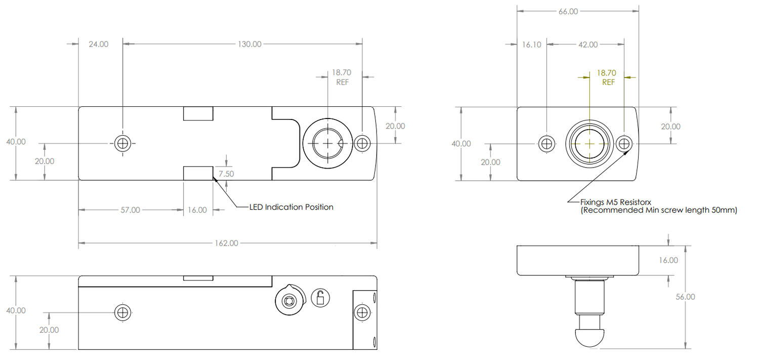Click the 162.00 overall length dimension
[226, 243]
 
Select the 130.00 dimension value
[249, 44]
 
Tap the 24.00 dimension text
[98, 44]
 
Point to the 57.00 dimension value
[130, 210]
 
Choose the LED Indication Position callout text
[291, 207]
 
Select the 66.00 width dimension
[568, 11]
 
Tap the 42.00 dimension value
[587, 45]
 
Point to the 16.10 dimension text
[531, 45]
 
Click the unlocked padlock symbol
[320, 298]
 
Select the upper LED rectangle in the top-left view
[198, 114]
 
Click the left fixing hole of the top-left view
[122, 144]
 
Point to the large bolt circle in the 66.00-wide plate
[589, 144]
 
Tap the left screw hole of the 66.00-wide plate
[546, 144]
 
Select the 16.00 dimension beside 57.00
[197, 210]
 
